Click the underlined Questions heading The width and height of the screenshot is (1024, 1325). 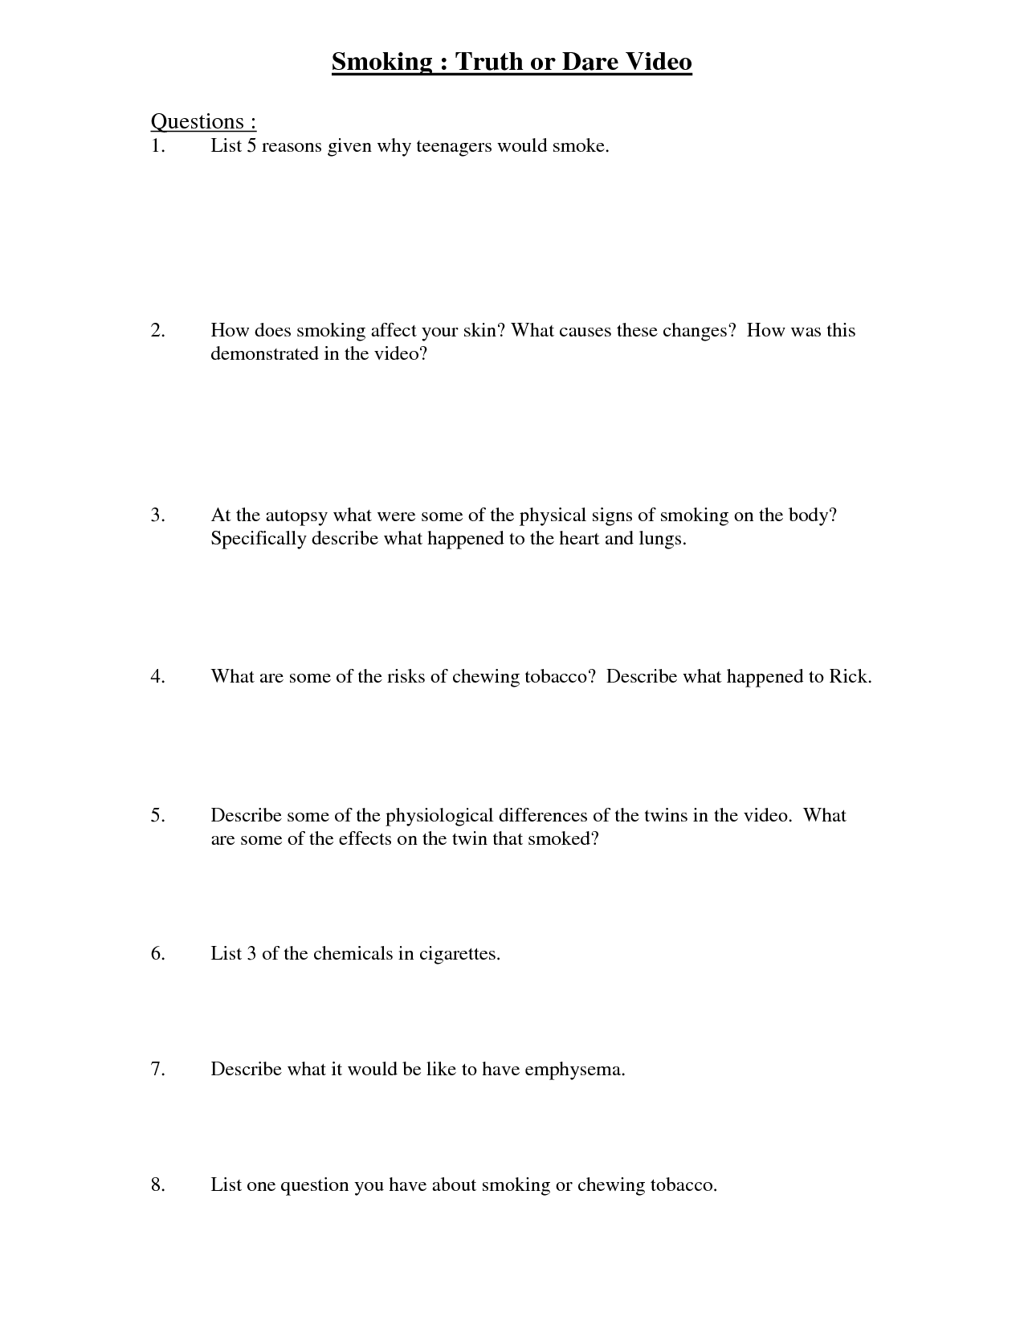203,121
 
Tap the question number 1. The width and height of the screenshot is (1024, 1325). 157,146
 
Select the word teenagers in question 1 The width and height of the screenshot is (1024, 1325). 454,146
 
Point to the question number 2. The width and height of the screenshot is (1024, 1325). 157,331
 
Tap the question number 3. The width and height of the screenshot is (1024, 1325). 157,516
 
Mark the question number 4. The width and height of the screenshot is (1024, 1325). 157,677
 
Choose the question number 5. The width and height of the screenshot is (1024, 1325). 157,816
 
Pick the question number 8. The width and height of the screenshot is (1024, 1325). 157,1185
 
